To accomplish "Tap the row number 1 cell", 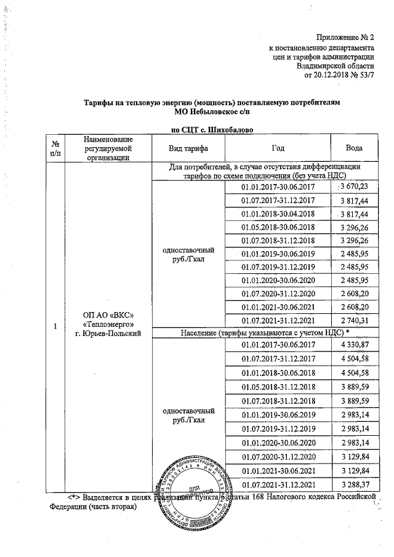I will point(55,325).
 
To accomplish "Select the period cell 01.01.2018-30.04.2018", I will point(278,214).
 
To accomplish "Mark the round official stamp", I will point(188,492).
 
